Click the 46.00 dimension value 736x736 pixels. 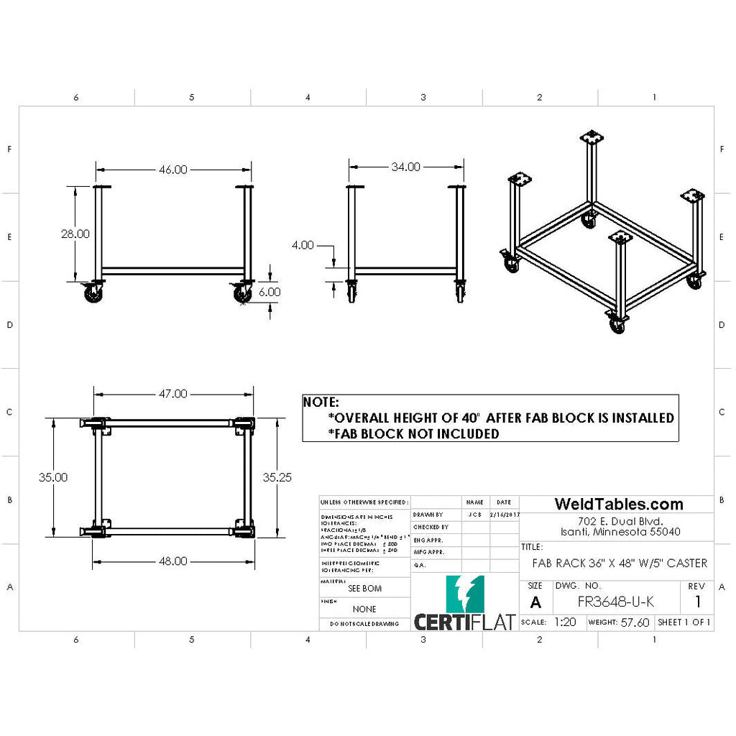(x=172, y=170)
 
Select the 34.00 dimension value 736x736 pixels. (x=405, y=167)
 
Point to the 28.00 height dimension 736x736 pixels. (x=75, y=234)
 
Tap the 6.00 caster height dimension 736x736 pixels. (x=270, y=293)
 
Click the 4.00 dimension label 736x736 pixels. (x=303, y=245)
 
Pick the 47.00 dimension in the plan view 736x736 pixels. (x=172, y=394)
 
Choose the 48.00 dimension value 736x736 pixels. (x=172, y=561)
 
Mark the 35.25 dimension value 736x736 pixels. (x=277, y=477)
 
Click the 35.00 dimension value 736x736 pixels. (x=53, y=477)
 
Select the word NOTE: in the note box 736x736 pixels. (x=321, y=402)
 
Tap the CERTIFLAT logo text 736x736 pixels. (x=464, y=620)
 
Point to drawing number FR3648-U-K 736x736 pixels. (x=616, y=602)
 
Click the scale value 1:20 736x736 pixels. (x=565, y=622)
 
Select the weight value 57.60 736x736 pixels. (x=635, y=622)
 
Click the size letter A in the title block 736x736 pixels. (x=535, y=602)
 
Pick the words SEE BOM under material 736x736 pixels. (x=364, y=588)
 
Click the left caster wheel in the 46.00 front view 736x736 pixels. (x=93, y=293)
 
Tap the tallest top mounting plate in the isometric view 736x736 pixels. (x=592, y=137)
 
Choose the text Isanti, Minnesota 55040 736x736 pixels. (x=620, y=532)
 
